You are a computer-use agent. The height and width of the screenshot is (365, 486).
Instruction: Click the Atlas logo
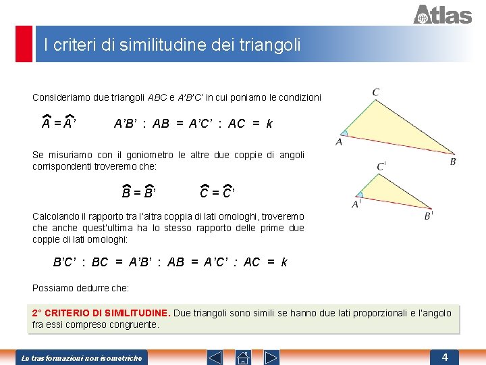(x=442, y=14)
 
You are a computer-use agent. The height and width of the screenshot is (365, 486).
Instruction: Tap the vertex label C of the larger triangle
(x=375, y=92)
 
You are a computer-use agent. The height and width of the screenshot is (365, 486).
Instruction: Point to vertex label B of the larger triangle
(x=453, y=162)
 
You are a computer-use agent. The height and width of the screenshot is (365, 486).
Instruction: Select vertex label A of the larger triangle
(x=339, y=142)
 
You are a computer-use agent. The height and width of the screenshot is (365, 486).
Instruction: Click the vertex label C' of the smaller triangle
(x=381, y=166)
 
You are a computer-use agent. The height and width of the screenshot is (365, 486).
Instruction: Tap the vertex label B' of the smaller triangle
(x=428, y=216)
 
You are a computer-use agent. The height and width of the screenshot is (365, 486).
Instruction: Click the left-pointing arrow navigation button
(x=214, y=357)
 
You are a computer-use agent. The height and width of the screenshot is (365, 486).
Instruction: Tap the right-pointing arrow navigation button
(x=271, y=357)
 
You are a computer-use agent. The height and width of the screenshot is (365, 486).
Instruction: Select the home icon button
(x=243, y=357)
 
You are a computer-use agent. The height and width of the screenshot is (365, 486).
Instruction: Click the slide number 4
(x=445, y=356)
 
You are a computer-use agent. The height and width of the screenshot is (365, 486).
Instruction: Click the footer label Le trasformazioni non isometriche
(x=82, y=358)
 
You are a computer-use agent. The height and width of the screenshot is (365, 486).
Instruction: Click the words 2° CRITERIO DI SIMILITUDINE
(x=101, y=313)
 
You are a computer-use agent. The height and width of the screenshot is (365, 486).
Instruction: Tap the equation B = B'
(x=139, y=193)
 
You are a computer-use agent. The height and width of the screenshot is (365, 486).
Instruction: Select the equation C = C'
(x=217, y=193)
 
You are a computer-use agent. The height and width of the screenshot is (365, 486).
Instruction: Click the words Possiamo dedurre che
(x=80, y=289)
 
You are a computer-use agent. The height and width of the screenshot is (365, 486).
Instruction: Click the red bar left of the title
(x=24, y=44)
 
